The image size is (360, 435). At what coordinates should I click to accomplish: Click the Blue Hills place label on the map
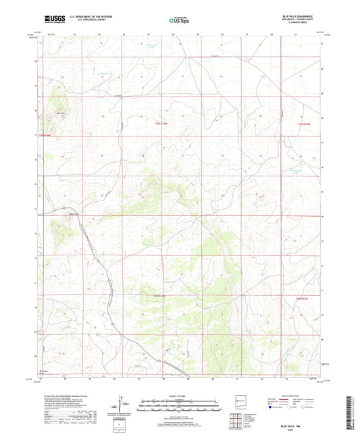tap(61, 112)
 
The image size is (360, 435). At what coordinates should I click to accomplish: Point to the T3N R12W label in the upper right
tap(306, 124)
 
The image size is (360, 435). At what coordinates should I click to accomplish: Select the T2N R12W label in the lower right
tap(305, 296)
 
